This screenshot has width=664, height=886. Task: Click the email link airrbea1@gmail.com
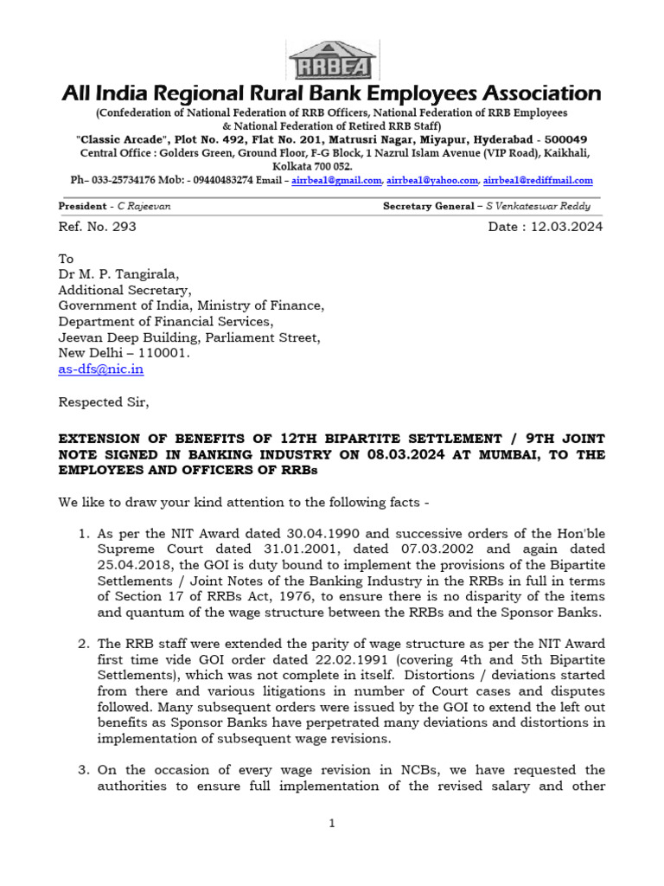[x=335, y=180]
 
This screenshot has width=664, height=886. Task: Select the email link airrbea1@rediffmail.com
[x=538, y=180]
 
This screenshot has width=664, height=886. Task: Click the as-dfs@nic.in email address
[x=100, y=369]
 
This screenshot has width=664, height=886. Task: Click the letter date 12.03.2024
[x=565, y=227]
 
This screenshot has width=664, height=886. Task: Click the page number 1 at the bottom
[x=332, y=824]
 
